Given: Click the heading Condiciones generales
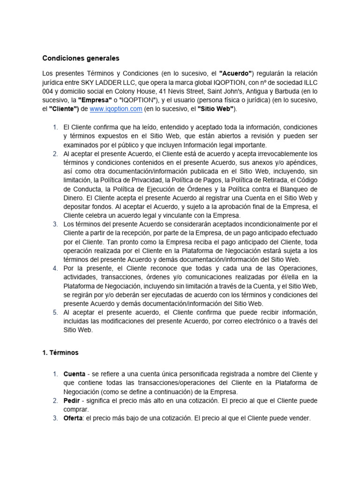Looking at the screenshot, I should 81,59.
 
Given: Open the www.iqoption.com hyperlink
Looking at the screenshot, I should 116,109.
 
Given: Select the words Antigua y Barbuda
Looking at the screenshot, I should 265,91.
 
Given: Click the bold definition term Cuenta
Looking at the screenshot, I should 74,374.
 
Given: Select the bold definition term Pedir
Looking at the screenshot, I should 72,401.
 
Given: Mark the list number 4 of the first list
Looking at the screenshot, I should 55,268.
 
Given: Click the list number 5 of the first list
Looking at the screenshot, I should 55,312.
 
